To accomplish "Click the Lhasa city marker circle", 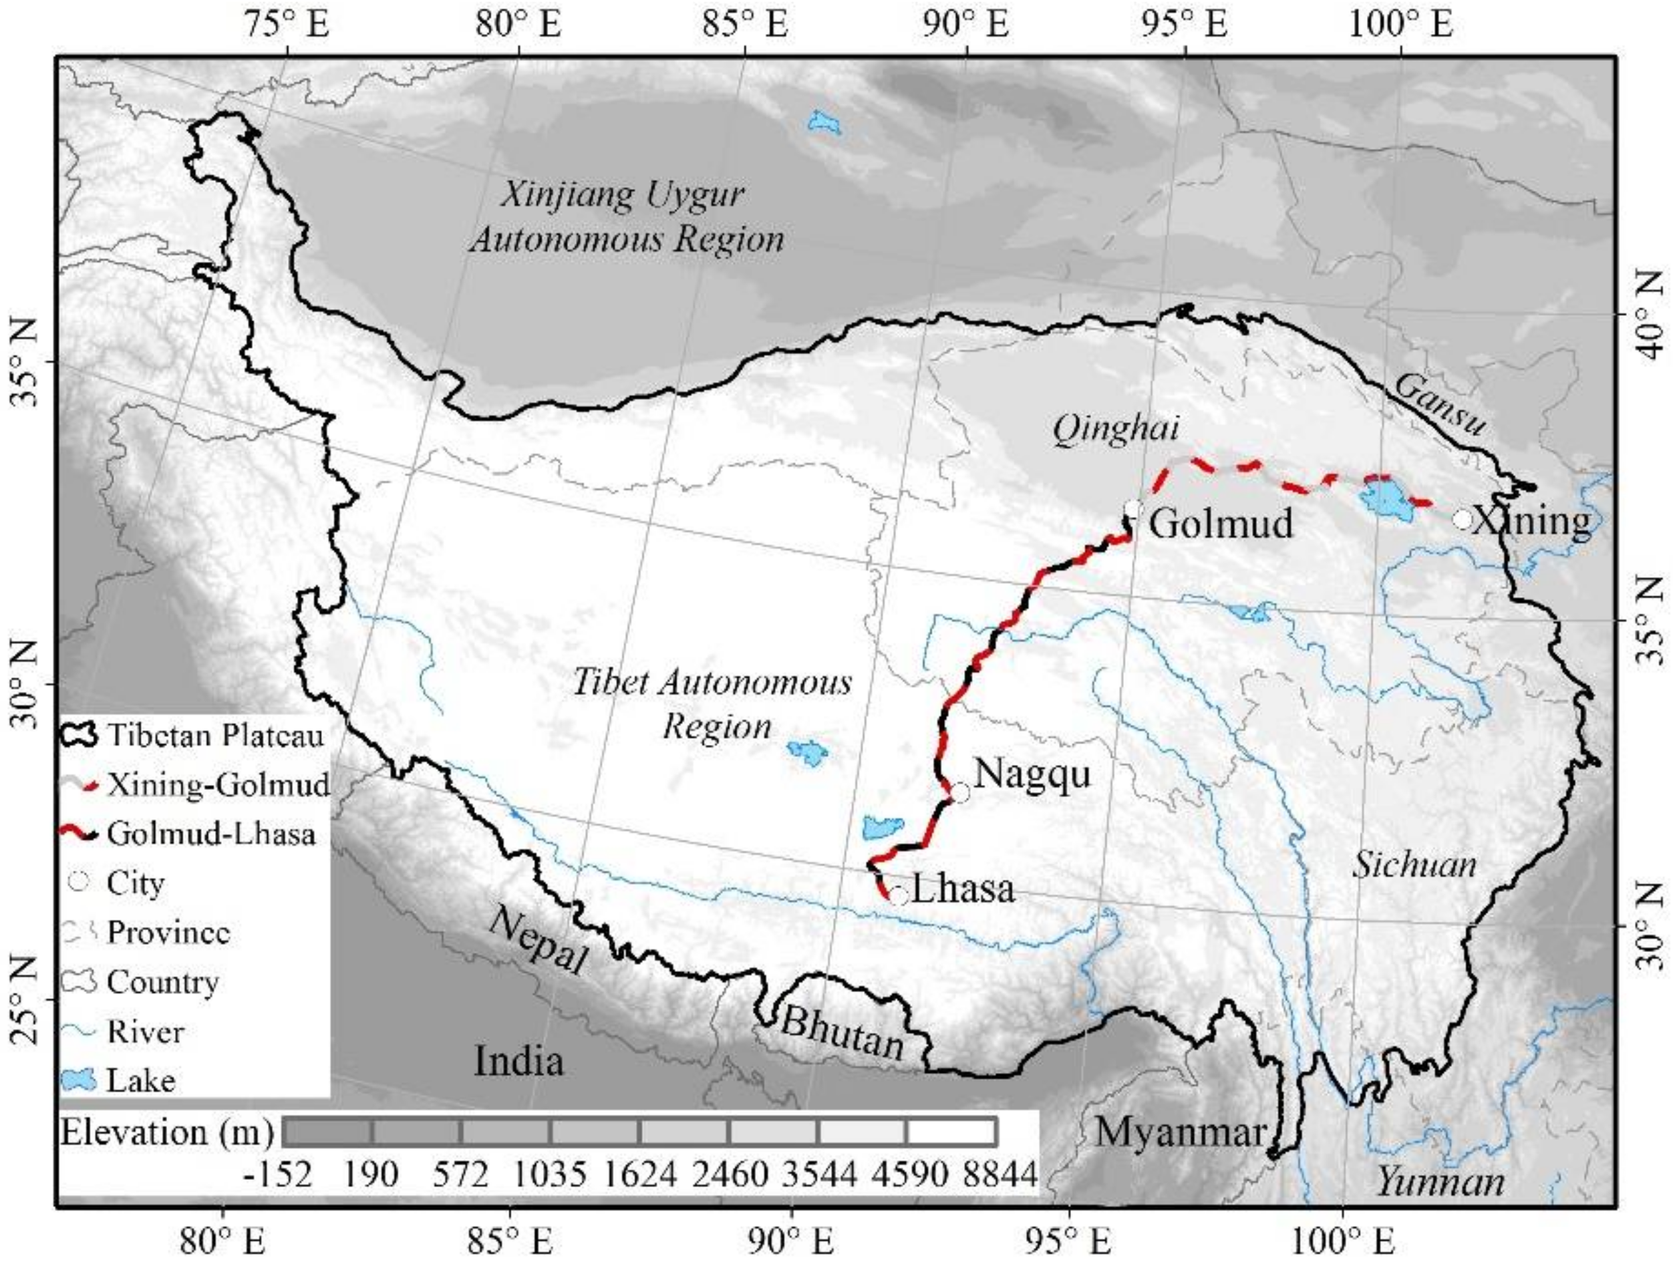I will [x=898, y=897].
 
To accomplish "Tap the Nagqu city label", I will [x=1032, y=774].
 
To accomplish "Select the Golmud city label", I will [x=1221, y=522].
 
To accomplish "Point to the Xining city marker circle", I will [x=1462, y=520].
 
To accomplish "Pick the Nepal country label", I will [x=537, y=942].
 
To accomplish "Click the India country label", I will [x=519, y=1061].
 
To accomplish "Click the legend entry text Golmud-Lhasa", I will [x=211, y=834].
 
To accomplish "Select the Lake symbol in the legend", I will [x=79, y=1080].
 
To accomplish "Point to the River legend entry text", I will [x=145, y=1032].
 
